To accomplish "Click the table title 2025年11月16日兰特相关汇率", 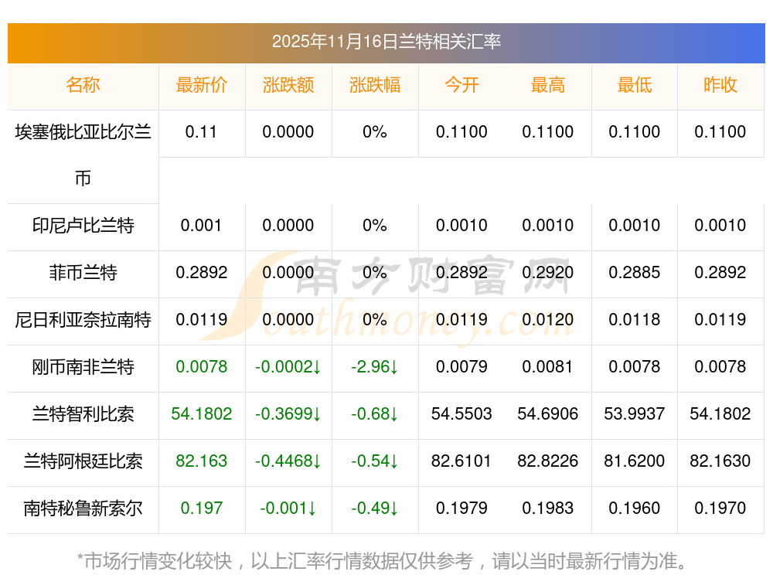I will click(x=386, y=41).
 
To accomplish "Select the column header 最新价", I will click(x=202, y=85).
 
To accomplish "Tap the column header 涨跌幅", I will click(x=375, y=85).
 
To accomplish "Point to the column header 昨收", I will click(x=720, y=85).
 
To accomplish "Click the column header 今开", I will click(x=461, y=85).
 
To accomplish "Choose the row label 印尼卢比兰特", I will click(x=83, y=226).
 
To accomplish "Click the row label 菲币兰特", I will click(x=83, y=273).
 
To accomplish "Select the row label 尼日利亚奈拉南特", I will click(x=83, y=320).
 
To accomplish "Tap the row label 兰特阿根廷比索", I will click(x=83, y=461).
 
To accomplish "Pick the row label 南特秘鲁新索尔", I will click(x=83, y=508).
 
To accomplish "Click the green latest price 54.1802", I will click(x=202, y=414).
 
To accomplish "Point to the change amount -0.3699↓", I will click(x=288, y=414).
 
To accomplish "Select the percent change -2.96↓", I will click(x=375, y=367).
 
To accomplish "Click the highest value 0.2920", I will click(x=548, y=273).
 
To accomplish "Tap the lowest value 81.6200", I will click(x=635, y=461).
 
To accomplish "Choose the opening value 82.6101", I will click(x=461, y=461).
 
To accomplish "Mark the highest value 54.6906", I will click(x=548, y=414).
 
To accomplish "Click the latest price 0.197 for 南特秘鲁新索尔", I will click(x=202, y=508).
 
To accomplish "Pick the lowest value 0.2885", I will click(x=635, y=273).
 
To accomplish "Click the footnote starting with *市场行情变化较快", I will click(x=382, y=561).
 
